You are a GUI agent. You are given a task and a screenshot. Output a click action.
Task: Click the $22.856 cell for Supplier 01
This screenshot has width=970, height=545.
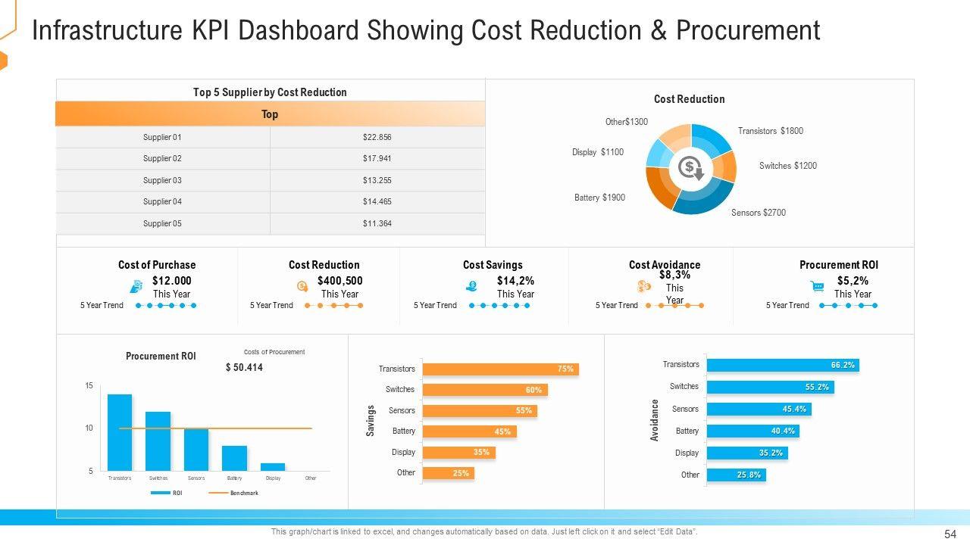(377, 137)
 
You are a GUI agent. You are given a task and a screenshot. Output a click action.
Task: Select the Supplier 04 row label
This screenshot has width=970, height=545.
(162, 201)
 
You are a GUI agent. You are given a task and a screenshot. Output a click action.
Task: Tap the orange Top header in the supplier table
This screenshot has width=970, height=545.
(270, 114)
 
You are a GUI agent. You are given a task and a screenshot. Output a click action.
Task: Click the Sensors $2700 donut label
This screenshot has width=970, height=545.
(758, 213)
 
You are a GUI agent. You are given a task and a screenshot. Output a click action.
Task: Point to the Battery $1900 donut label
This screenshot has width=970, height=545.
(599, 198)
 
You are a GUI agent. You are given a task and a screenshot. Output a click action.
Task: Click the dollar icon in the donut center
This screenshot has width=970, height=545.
(690, 167)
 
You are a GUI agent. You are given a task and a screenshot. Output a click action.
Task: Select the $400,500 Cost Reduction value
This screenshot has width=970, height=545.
(339, 281)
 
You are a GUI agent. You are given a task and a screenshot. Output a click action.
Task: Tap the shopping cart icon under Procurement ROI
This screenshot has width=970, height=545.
(818, 286)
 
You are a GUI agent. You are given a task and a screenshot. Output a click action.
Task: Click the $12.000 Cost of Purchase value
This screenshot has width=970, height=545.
(171, 281)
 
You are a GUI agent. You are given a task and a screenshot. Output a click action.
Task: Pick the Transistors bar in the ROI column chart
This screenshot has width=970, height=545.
(120, 432)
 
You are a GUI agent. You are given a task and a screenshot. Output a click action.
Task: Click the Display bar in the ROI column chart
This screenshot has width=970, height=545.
(273, 466)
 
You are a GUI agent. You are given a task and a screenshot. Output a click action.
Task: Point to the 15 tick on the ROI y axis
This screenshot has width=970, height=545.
(89, 386)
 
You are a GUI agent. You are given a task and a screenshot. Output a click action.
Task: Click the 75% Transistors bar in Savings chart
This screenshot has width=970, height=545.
(500, 369)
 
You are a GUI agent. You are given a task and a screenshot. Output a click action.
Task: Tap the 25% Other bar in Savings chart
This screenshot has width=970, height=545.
(448, 473)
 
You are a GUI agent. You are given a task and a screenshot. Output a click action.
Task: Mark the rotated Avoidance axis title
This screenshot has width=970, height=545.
(655, 420)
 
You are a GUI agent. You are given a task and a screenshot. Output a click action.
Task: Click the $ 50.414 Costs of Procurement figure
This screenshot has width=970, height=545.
(244, 368)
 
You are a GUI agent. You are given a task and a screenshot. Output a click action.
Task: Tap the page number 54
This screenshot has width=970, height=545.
(950, 534)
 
